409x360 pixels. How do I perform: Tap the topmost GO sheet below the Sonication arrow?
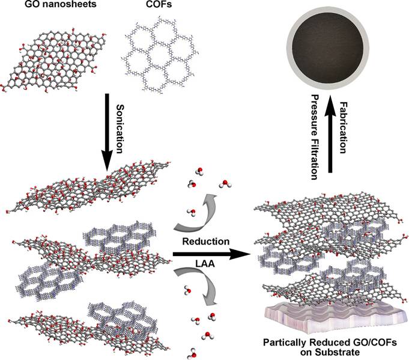94,190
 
